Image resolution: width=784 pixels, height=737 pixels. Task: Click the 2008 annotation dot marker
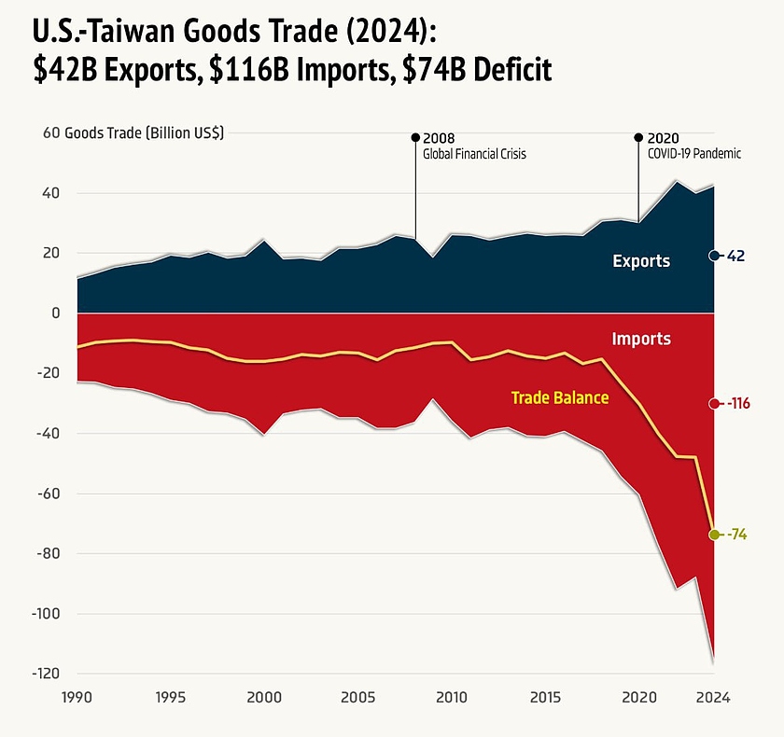[x=415, y=137]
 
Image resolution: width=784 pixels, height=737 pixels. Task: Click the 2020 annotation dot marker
[x=638, y=137]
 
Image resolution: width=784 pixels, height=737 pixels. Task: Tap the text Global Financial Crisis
[x=474, y=154]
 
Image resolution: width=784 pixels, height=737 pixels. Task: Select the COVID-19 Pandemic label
[x=694, y=154]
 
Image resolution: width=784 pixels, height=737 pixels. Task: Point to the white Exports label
[x=641, y=261]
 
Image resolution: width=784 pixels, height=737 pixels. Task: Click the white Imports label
[x=641, y=339]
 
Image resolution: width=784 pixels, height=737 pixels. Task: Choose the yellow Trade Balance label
[x=560, y=397]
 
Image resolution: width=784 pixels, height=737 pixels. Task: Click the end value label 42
[x=736, y=256]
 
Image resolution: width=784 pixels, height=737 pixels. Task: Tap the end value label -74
[x=737, y=535]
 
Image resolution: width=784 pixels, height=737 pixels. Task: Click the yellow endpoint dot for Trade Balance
[x=714, y=535]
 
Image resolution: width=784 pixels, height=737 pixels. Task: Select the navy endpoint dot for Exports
[x=714, y=256]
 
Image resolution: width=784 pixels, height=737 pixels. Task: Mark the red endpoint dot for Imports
[x=714, y=404]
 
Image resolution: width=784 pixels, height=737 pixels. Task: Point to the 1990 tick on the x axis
[x=77, y=697]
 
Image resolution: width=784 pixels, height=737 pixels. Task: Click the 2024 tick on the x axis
[x=713, y=697]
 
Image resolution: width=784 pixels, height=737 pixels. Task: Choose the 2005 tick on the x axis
[x=358, y=697]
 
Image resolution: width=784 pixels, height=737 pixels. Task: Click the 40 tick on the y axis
[x=49, y=193]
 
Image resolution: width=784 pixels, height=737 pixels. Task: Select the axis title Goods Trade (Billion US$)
[x=144, y=133]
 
